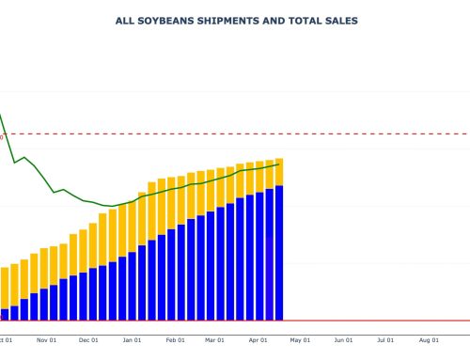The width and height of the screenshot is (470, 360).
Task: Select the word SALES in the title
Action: [337, 20]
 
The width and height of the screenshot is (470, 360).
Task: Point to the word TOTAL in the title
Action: [296, 20]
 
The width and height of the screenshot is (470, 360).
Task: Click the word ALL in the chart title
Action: [124, 20]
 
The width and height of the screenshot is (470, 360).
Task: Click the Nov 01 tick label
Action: [47, 340]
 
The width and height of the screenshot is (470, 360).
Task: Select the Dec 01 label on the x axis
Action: [89, 340]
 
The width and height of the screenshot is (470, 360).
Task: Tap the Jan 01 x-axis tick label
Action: [133, 340]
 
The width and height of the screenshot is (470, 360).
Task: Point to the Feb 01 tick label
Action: [176, 340]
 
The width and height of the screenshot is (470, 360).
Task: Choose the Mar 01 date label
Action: [215, 340]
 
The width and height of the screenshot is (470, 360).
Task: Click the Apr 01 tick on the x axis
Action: [258, 340]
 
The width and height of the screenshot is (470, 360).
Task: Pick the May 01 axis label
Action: [301, 340]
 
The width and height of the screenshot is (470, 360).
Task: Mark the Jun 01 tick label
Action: [344, 340]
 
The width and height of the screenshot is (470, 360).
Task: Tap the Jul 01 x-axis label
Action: [386, 340]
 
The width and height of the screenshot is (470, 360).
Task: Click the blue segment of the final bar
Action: [279, 254]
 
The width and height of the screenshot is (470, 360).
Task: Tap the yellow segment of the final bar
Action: [279, 172]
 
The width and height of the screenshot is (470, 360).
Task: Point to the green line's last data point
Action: [279, 164]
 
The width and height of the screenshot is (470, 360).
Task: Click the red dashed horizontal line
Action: [376, 134]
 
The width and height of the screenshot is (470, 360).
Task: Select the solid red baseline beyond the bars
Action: [376, 321]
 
